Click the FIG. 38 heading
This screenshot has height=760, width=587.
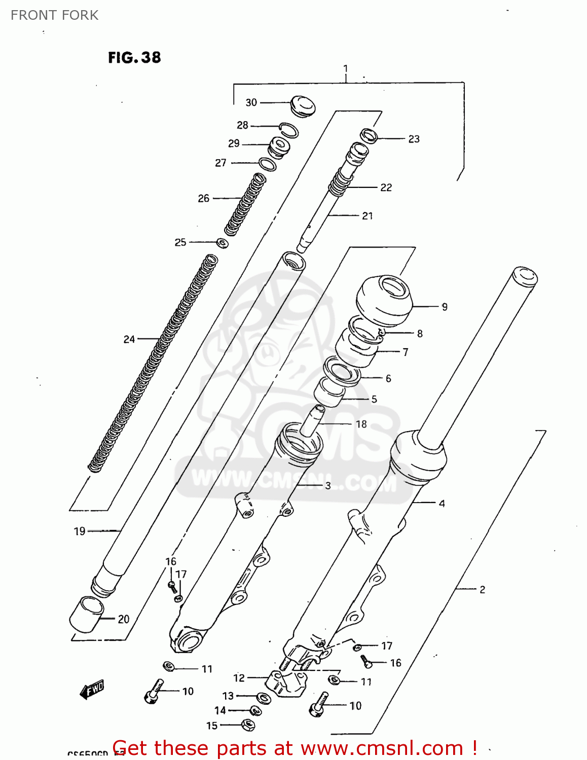[x=134, y=57]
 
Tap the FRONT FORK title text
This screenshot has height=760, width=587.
[x=54, y=15]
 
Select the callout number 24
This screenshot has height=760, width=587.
[x=129, y=339]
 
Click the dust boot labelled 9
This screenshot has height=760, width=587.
[x=383, y=301]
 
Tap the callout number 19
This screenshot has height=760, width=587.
[x=80, y=531]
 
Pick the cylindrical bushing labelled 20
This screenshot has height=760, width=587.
[x=87, y=614]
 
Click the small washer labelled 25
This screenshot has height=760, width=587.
[x=222, y=243]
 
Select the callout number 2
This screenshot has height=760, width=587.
[x=482, y=589]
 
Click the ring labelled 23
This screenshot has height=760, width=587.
[x=369, y=136]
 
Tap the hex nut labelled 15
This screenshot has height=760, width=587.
[x=247, y=725]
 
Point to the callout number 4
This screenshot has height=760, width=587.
[x=442, y=503]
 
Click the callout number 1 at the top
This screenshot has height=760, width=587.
[x=346, y=68]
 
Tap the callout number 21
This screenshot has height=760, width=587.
[x=368, y=216]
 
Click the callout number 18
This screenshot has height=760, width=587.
[x=361, y=424]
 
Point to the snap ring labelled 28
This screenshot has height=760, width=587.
[x=289, y=129]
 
